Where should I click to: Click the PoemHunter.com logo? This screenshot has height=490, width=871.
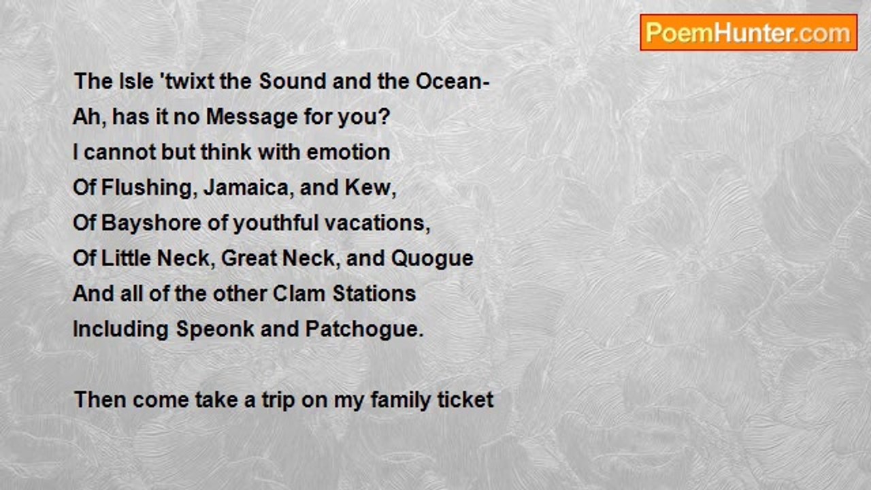click(749, 33)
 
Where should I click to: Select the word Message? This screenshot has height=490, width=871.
click(252, 116)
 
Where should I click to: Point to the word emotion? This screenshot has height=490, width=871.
click(348, 152)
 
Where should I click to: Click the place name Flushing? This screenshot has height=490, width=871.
click(146, 188)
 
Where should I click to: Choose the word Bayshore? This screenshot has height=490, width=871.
click(151, 223)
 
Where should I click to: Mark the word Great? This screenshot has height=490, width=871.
click(249, 258)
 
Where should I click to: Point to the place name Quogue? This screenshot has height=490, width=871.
click(432, 259)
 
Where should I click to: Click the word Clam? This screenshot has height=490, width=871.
click(299, 293)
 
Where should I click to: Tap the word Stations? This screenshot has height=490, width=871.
click(374, 293)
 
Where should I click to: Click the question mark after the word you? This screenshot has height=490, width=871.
click(384, 116)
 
